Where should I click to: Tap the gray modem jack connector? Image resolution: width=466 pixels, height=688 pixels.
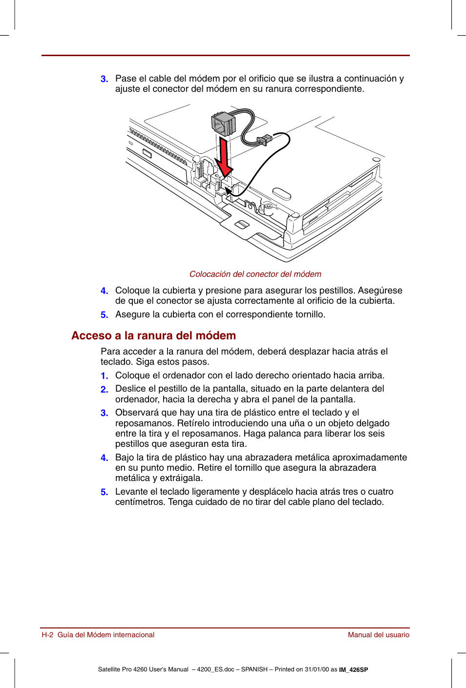click(223, 123)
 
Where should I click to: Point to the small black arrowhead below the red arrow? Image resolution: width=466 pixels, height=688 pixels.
click(228, 190)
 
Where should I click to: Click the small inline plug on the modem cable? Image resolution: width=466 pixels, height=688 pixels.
click(264, 140)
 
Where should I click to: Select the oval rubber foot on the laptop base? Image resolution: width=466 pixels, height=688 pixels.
click(282, 193)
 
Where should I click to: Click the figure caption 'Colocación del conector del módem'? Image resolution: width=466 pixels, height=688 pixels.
click(255, 274)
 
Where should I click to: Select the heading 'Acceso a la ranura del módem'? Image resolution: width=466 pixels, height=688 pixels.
click(153, 336)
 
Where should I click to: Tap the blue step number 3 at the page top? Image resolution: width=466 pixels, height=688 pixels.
click(104, 79)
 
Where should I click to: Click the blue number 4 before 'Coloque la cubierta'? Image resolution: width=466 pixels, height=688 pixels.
click(104, 291)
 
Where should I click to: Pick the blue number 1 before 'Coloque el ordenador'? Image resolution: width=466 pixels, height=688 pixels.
click(104, 376)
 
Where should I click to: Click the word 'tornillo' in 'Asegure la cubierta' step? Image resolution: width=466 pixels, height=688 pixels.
click(309, 314)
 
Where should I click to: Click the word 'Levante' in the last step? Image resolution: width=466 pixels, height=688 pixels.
click(131, 492)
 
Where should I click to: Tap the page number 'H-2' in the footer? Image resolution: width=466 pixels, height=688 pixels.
click(47, 635)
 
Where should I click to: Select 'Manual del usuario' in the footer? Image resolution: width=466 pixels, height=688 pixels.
click(378, 635)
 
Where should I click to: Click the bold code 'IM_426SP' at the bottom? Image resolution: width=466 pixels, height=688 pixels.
click(354, 670)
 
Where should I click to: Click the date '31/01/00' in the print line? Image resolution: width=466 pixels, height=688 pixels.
click(317, 669)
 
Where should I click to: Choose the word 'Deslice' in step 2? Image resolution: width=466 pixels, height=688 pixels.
click(130, 389)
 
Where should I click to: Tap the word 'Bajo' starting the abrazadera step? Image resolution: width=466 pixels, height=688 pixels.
click(125, 458)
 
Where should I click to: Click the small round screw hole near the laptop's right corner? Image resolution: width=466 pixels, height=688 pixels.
click(376, 160)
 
